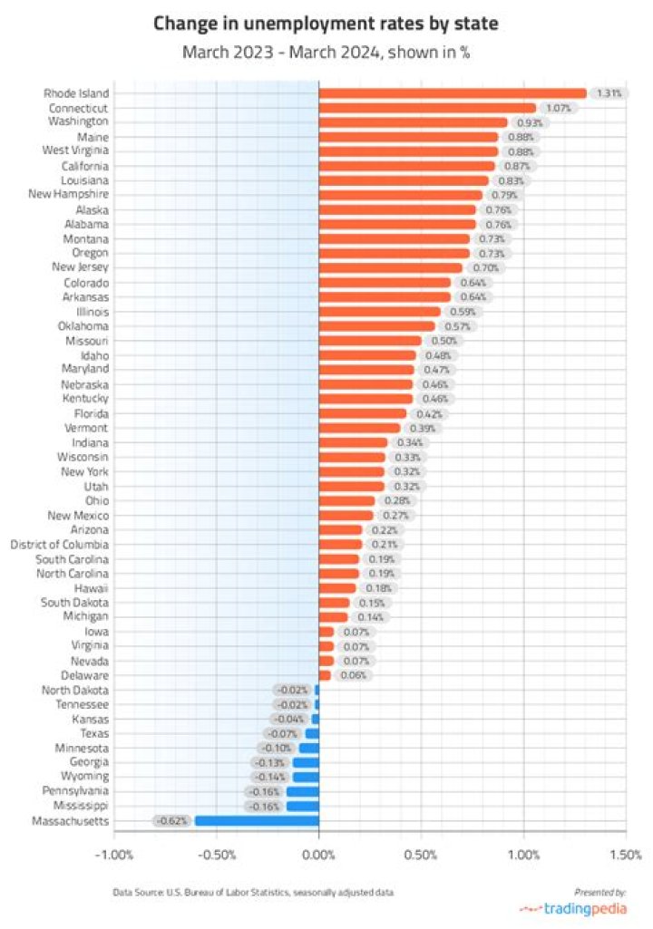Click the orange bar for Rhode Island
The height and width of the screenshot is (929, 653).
(453, 92)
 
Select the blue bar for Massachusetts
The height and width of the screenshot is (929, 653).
(257, 821)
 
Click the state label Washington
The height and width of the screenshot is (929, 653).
(79, 121)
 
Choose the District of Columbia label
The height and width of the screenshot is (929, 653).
(59, 545)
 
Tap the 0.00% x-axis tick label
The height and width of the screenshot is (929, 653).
(318, 855)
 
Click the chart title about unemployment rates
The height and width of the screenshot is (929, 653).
(326, 22)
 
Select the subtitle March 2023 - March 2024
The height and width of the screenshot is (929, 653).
(326, 53)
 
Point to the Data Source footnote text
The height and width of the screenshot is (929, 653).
(253, 893)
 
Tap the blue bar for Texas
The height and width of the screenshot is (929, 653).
(312, 733)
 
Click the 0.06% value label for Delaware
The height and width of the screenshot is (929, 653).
(354, 675)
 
